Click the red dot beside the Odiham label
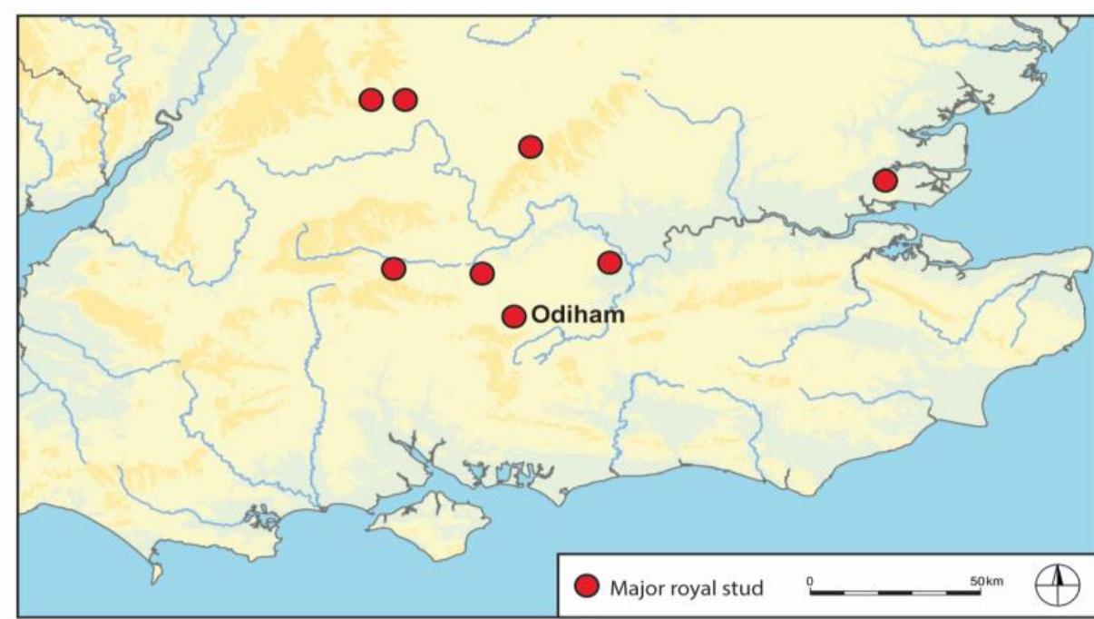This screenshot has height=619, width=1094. [x=513, y=316]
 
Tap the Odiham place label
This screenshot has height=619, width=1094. [x=566, y=316]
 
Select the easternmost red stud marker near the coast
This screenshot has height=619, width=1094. [x=884, y=181]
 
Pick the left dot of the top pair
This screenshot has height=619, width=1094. [x=370, y=100]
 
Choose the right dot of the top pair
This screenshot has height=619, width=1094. [x=405, y=100]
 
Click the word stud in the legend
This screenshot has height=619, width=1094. [x=742, y=587]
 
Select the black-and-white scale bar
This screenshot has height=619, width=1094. [x=894, y=593]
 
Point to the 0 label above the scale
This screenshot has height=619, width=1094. [x=810, y=580]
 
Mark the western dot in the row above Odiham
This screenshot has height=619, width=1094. [x=393, y=268]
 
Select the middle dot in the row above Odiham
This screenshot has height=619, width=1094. [x=482, y=272]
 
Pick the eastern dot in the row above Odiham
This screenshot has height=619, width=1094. [x=610, y=263]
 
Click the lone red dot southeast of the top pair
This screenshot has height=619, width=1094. [x=531, y=146]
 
